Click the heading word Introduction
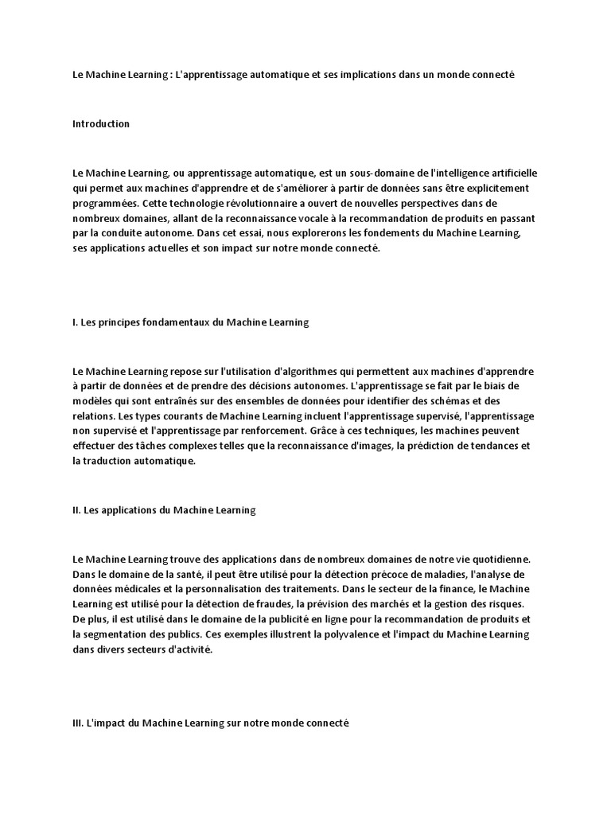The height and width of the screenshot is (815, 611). pos(101,124)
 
